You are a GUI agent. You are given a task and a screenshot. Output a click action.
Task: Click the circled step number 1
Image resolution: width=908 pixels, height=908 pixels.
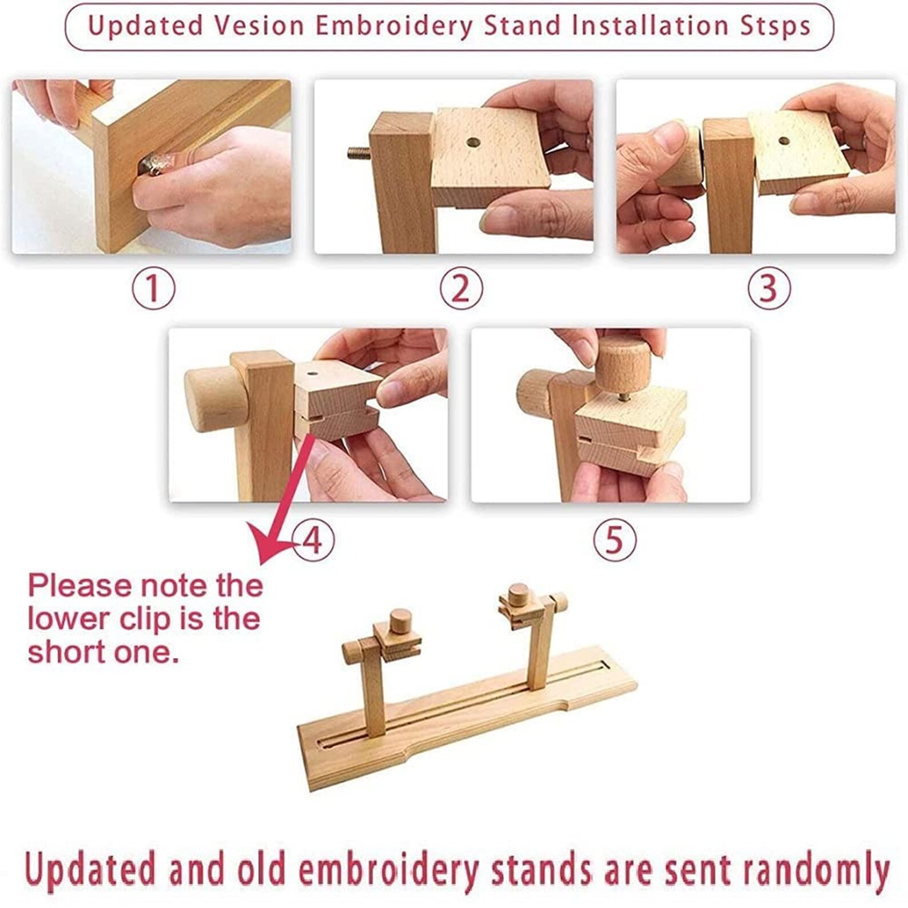(153, 289)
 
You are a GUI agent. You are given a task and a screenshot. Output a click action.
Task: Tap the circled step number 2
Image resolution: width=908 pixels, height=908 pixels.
(461, 289)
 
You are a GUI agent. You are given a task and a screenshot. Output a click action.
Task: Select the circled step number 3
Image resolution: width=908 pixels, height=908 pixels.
(769, 289)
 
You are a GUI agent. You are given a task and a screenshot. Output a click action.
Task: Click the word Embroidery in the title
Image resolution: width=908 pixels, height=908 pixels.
(394, 26)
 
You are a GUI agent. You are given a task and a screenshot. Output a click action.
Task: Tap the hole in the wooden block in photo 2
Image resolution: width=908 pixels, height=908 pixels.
(473, 142)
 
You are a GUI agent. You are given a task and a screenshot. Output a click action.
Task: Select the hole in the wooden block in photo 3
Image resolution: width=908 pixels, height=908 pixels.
(784, 141)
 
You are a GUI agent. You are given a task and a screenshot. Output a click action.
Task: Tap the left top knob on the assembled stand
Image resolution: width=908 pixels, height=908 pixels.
(401, 620)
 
